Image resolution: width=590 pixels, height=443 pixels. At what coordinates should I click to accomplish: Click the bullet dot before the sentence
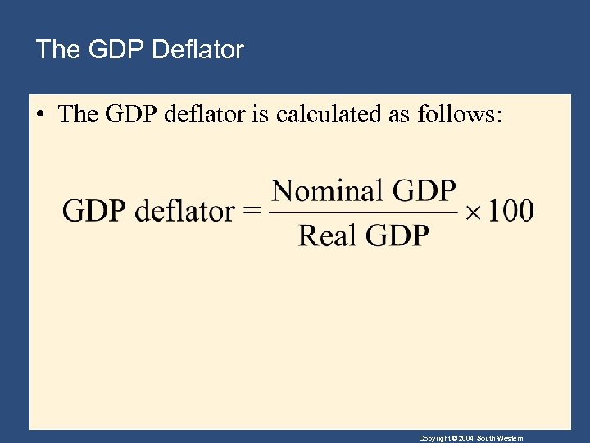39,115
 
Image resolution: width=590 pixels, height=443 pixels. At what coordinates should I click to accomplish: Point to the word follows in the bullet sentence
456,114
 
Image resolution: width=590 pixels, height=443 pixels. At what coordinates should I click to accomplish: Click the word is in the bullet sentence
261,114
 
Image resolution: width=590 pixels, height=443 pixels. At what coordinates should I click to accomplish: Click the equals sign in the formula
252,212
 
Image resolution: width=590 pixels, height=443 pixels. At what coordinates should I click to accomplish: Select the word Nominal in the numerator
327,191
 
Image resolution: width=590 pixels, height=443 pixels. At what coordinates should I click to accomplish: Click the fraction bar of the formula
363,214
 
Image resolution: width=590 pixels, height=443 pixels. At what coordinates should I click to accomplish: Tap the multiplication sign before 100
474,212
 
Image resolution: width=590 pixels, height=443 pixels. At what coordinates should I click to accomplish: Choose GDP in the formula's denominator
397,236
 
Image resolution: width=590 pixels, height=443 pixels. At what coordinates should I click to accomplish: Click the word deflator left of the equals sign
184,212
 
